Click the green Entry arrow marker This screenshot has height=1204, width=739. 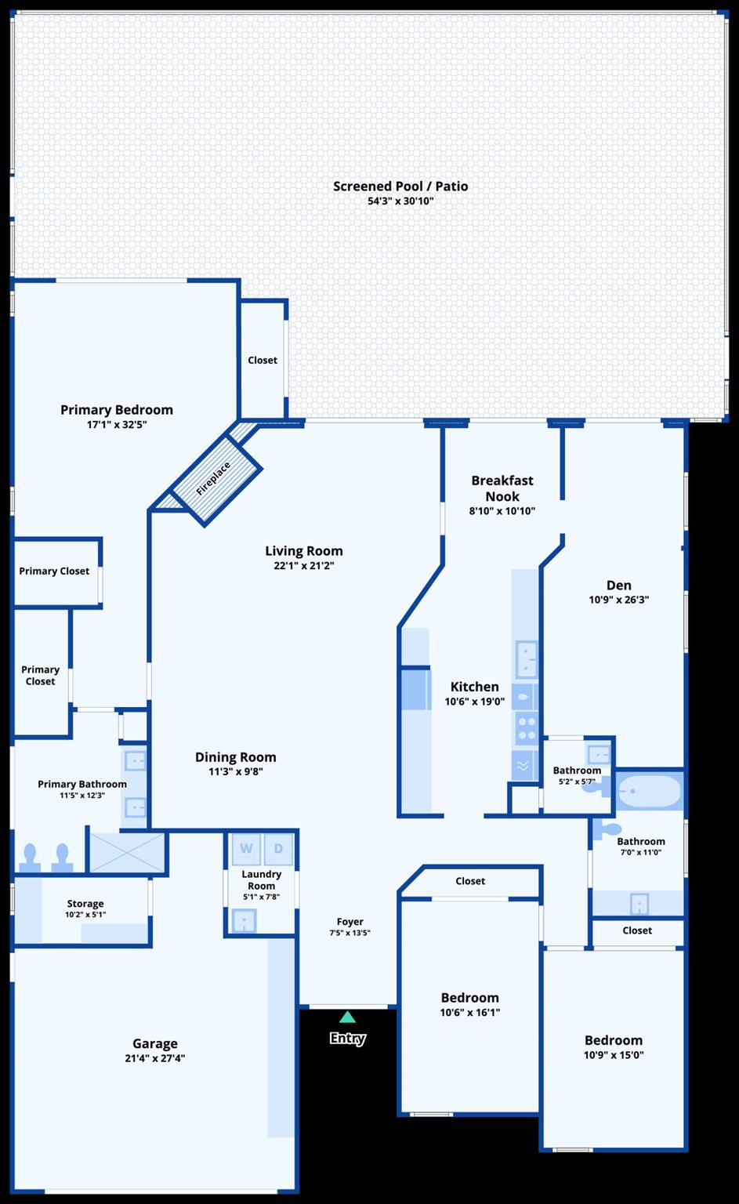click(347, 1017)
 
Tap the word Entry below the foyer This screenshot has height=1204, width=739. click(348, 1038)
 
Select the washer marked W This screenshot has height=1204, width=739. click(246, 848)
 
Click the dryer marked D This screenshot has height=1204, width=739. click(278, 848)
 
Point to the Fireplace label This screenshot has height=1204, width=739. click(213, 478)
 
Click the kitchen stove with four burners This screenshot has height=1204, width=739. click(526, 728)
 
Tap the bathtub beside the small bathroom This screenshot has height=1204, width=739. click(649, 791)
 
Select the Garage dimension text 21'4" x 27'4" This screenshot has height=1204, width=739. click(155, 1057)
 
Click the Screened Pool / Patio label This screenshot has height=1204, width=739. click(400, 186)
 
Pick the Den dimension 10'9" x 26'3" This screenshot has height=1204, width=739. click(618, 600)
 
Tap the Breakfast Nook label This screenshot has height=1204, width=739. click(502, 488)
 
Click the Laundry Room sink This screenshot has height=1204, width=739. click(244, 921)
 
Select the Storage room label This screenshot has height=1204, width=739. click(85, 904)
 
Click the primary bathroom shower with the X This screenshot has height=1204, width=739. click(127, 853)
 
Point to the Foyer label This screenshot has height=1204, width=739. click(350, 921)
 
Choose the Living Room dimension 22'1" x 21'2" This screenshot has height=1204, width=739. click(303, 565)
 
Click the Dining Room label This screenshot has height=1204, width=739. click(235, 756)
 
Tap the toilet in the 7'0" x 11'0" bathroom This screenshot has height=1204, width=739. click(607, 830)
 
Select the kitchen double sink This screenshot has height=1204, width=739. click(526, 659)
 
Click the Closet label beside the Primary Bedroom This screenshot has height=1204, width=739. click(263, 360)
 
